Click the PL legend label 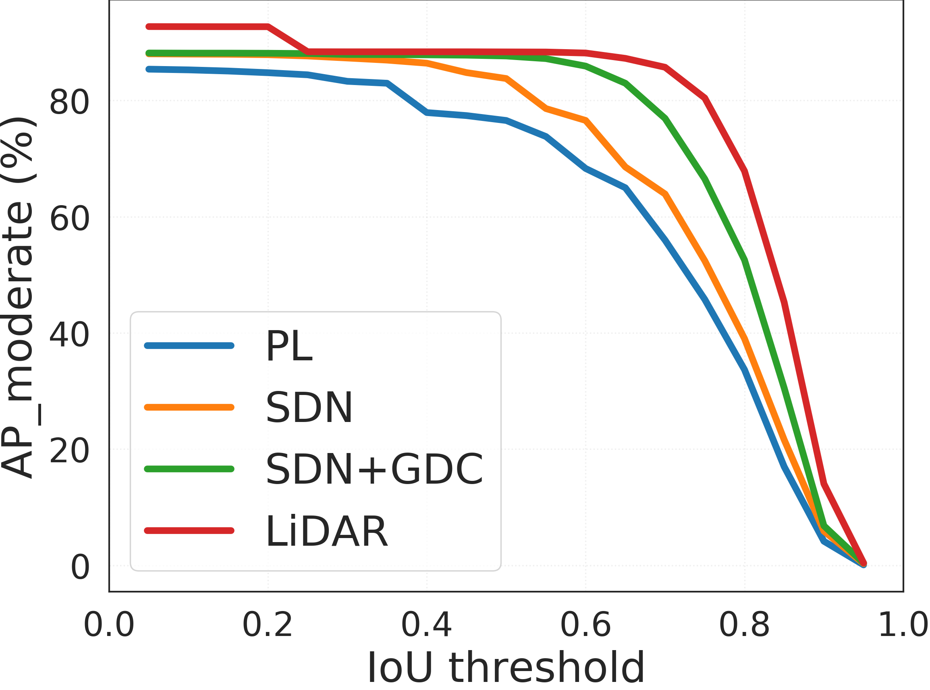coord(289,346)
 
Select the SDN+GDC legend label coord(375,469)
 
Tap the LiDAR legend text coord(326,531)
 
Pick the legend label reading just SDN coord(309,407)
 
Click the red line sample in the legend coord(189,530)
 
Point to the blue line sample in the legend coord(189,345)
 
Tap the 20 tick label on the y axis coord(69,451)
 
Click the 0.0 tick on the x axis coord(108,625)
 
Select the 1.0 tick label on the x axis coord(903,625)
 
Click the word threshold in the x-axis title coord(547,668)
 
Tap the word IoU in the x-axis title coord(400,668)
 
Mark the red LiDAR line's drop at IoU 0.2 coord(268,27)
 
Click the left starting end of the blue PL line coord(149,69)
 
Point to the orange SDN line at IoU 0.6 coord(586,120)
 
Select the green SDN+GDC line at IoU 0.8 coord(745,260)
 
